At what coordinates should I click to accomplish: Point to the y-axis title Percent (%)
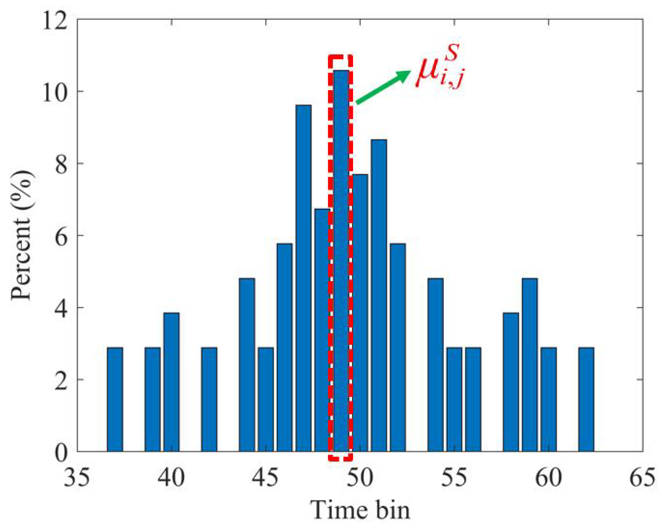click(x=22, y=235)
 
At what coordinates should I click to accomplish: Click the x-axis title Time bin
click(x=360, y=511)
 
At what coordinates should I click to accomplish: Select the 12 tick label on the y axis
click(x=55, y=21)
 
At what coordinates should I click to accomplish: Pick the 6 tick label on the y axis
click(x=61, y=236)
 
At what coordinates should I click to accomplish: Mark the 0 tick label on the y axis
click(x=61, y=453)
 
